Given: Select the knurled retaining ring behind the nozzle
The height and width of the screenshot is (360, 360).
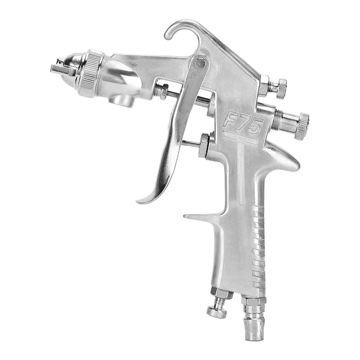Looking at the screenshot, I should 91,73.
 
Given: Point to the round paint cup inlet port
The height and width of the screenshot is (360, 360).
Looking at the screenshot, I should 121,99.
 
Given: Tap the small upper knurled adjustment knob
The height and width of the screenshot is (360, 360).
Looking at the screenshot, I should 281,88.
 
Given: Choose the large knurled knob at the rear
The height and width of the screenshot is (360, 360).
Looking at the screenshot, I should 301,126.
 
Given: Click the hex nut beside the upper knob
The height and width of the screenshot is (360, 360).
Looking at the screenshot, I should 265,85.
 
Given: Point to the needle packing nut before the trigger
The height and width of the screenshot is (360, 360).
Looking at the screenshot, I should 162,91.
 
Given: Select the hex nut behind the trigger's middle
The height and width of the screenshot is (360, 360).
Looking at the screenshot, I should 204,145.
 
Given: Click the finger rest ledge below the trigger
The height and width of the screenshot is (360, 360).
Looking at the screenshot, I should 202,216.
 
